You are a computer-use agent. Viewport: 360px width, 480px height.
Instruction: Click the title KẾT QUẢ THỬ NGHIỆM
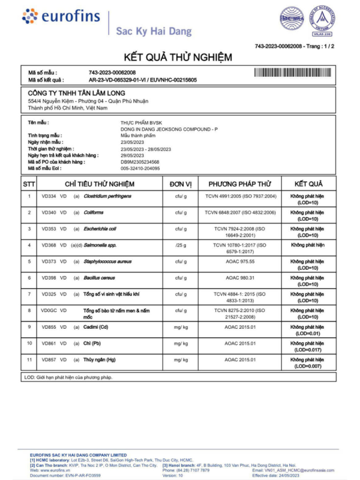pos(178,58)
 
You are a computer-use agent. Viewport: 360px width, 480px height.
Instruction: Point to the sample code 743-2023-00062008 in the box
pos(112,72)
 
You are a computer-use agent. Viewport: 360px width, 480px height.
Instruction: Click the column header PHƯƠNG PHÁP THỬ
pos(240,184)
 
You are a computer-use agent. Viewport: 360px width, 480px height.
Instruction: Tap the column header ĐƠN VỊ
pos(181,184)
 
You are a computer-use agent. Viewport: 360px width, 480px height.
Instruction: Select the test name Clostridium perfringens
pos(108,196)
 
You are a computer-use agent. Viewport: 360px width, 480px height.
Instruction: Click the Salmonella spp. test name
pos(100,245)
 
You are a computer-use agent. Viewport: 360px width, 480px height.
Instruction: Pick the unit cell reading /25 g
pos(181,245)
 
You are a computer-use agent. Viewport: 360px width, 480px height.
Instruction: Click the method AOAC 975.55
pos(240,262)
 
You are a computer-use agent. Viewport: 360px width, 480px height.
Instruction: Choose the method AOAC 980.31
pos(240,278)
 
